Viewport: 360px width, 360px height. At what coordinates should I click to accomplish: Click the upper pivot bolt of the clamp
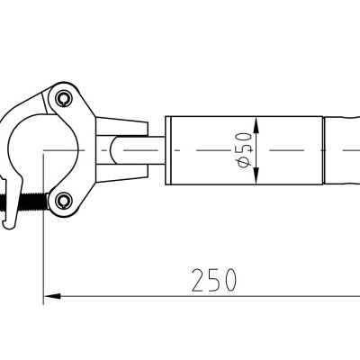tap(63, 95)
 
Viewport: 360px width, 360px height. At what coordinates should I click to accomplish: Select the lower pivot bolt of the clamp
tap(63, 199)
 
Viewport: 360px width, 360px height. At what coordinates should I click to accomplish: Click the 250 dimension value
tap(214, 280)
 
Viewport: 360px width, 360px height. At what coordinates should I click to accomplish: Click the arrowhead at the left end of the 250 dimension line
tap(50, 294)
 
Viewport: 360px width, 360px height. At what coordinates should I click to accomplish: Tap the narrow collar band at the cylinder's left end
tap(168, 148)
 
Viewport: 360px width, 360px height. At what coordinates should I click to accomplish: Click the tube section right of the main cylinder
tap(343, 148)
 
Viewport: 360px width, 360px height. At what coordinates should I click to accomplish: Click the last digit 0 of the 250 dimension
tap(229, 280)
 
